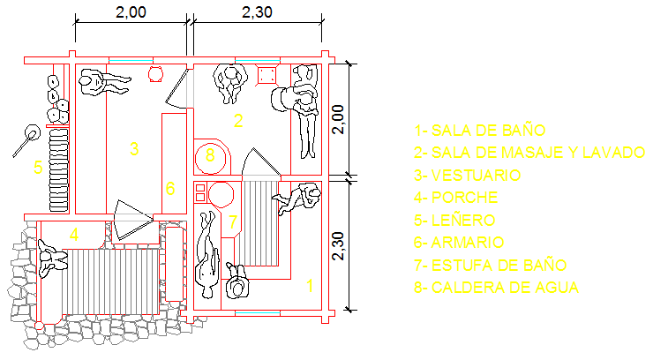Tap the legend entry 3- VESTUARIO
click(468, 176)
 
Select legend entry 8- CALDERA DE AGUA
click(496, 287)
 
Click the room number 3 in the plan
click(134, 148)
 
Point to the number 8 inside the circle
click(209, 156)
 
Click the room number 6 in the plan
click(170, 188)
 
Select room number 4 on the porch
click(75, 235)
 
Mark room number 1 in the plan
click(310, 285)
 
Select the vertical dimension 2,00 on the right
click(338, 118)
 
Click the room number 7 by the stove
click(232, 221)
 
